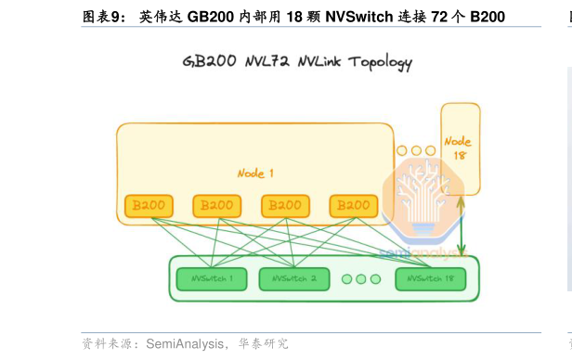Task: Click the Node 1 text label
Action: pos(255,174)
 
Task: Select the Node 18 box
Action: pos(460,148)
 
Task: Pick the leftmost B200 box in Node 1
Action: pos(149,206)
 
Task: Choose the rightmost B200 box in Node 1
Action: pos(354,206)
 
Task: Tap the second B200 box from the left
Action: pos(217,206)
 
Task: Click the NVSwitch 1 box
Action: pos(212,278)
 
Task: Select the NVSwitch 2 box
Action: pos(293,278)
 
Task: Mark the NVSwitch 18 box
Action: pos(429,278)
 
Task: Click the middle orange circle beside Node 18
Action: pos(416,150)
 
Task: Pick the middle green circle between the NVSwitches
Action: pos(360,278)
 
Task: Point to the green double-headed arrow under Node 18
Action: pos(461,226)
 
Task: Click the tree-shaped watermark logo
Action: pos(422,199)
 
